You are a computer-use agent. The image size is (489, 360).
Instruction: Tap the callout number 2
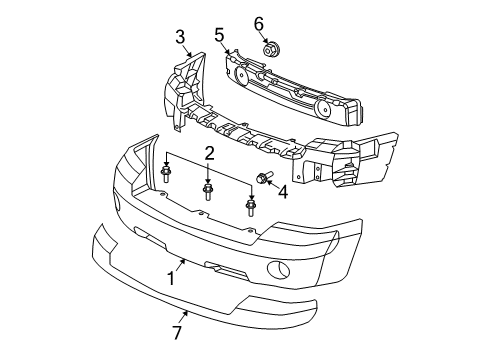click(x=209, y=153)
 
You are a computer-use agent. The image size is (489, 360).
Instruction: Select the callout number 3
click(x=180, y=37)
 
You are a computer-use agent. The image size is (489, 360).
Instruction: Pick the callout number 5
click(x=219, y=36)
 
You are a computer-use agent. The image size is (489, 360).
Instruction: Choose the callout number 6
click(x=258, y=22)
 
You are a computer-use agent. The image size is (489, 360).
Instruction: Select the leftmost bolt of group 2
click(x=164, y=177)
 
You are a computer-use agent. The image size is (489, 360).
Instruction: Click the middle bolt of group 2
click(x=208, y=190)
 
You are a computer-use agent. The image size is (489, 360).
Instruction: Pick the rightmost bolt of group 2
click(x=250, y=208)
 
